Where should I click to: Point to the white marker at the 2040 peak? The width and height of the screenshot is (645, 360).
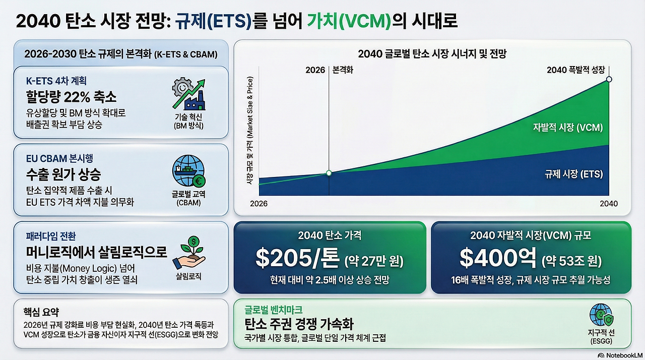pyautogui.click(x=609, y=79)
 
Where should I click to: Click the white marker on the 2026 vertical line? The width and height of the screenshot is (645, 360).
pyautogui.click(x=329, y=173)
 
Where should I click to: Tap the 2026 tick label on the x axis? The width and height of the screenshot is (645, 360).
pyautogui.click(x=259, y=203)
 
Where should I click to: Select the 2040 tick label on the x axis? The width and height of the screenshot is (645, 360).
pyautogui.click(x=609, y=203)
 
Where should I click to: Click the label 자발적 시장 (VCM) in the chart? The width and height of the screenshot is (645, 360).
pyautogui.click(x=567, y=128)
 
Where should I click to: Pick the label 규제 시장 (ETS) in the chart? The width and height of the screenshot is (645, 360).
pyautogui.click(x=573, y=174)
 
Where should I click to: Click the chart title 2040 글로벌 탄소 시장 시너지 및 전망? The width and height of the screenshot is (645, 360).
pyautogui.click(x=432, y=54)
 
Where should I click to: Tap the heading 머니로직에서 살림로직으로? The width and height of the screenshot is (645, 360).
pyautogui.click(x=96, y=252)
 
